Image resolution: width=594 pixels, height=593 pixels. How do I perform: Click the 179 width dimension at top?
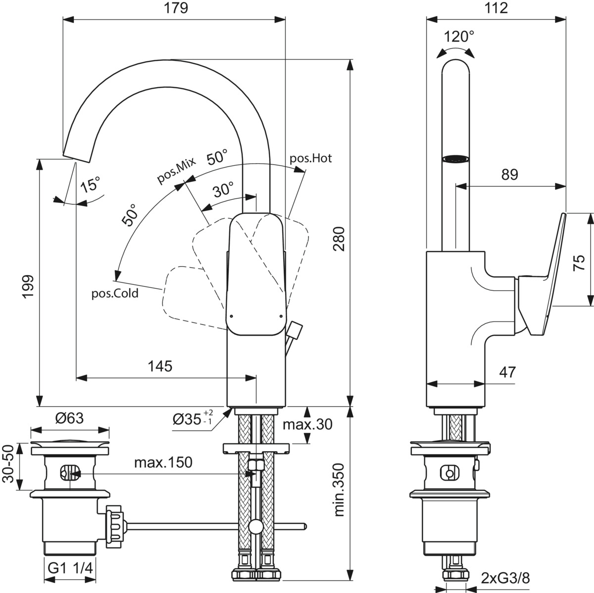(177, 8)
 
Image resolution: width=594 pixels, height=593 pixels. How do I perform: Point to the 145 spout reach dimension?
(160, 366)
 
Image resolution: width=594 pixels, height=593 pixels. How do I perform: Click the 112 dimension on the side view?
(496, 8)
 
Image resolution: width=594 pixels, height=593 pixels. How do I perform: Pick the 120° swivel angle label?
(458, 37)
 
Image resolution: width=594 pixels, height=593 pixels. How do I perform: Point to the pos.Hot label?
(310, 158)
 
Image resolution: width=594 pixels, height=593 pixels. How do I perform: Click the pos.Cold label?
(115, 293)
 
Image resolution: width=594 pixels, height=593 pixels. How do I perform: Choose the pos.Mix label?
(177, 170)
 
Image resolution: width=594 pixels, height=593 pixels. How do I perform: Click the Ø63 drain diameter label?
(69, 418)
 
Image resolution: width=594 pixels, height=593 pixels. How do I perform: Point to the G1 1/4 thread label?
(71, 567)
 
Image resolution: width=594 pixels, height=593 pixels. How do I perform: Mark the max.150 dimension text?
(163, 463)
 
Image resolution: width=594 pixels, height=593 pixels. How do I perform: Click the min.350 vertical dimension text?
(339, 489)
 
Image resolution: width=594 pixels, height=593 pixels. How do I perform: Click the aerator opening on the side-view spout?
(456, 159)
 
